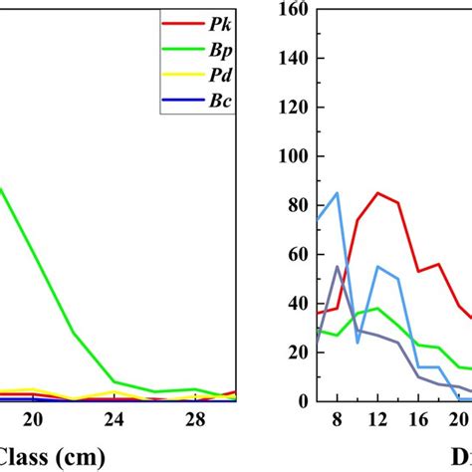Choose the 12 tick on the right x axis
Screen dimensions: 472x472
(377, 416)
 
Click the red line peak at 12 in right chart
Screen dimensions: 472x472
(377, 193)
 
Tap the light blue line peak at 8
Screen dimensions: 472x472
(337, 193)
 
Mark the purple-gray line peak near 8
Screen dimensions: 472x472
(337, 267)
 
